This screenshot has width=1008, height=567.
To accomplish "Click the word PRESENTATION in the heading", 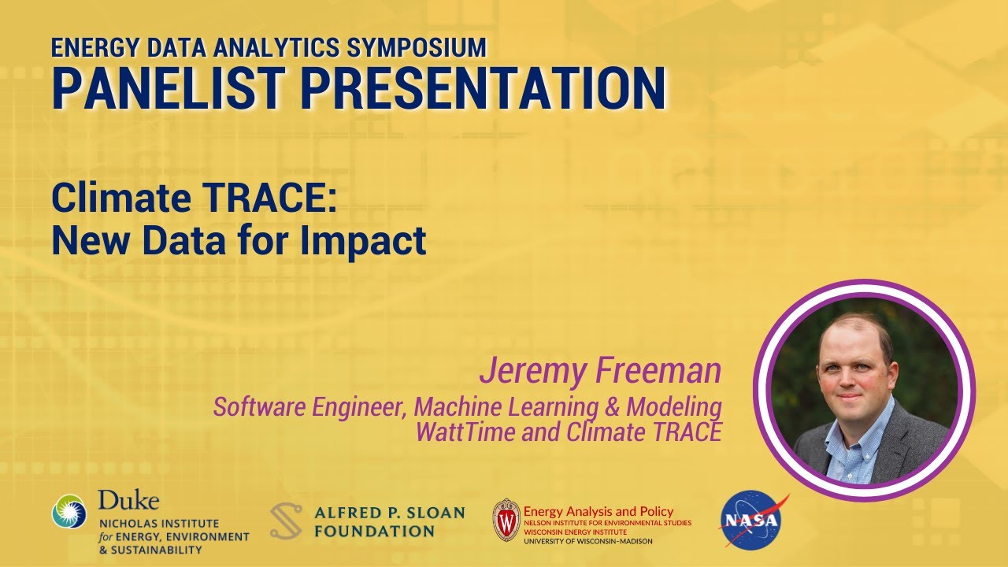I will coord(482,88).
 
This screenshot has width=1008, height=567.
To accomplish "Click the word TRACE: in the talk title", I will coord(268,199).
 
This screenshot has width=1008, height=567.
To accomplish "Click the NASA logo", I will coord(753,519).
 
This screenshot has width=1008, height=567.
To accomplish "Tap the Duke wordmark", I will coord(128,500).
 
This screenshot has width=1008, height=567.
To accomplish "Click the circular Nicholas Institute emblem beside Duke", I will coord(70,511).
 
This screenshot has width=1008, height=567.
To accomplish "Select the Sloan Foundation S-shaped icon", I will coord(286,521).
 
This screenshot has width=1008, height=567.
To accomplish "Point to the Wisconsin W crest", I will coord(506,520).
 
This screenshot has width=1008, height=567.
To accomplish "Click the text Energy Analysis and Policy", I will coord(598,511).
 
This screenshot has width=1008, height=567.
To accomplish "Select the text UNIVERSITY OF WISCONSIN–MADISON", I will coord(588,541).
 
